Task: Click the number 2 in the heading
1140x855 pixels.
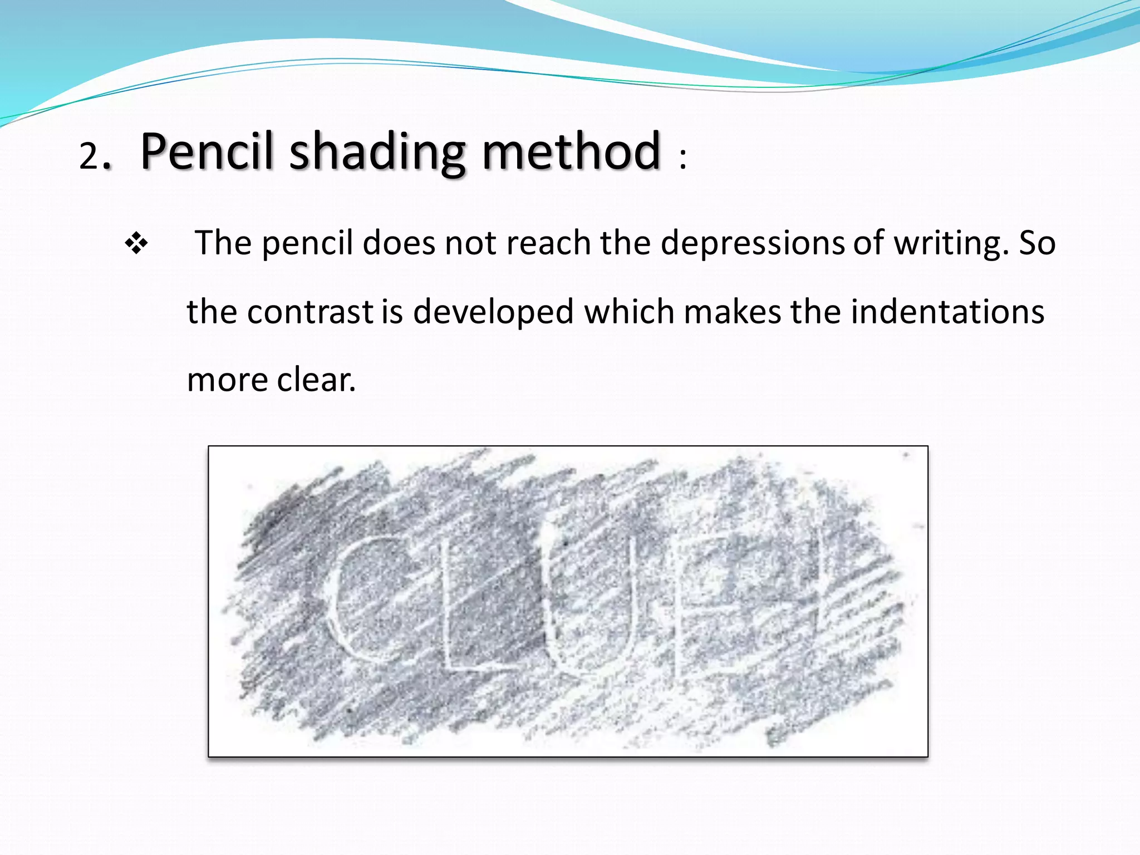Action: pyautogui.click(x=89, y=156)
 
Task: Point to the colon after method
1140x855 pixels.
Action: pyautogui.click(x=683, y=159)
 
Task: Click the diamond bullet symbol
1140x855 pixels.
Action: pyautogui.click(x=136, y=244)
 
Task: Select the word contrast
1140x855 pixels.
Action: pyautogui.click(x=310, y=312)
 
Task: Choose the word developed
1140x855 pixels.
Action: pyautogui.click(x=493, y=312)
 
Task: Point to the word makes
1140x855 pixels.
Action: pyautogui.click(x=733, y=312)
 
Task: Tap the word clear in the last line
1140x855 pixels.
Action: pyautogui.click(x=316, y=380)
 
